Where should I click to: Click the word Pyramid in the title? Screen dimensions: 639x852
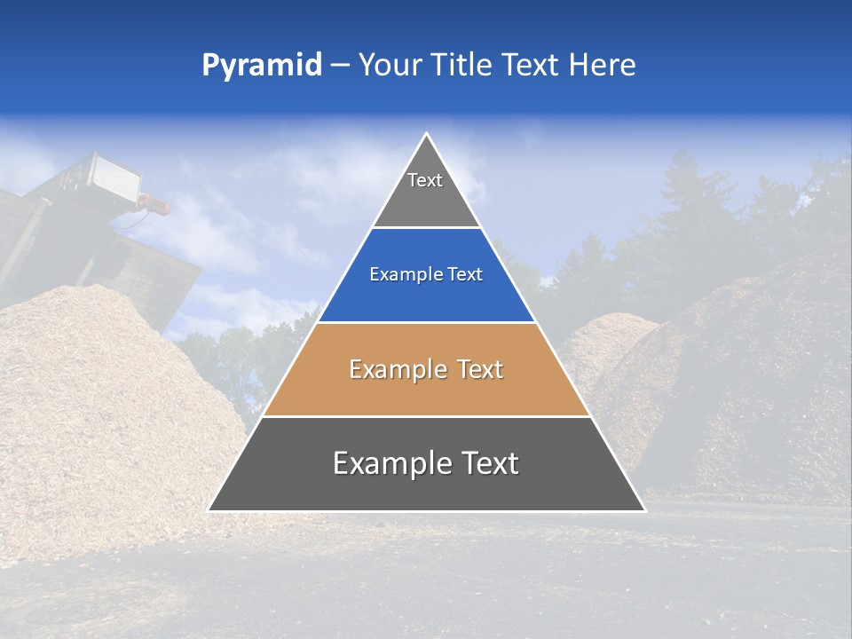coord(262,66)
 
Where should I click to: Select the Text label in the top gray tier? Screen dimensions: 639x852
coord(425,180)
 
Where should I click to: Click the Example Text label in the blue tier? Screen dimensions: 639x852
coord(426,275)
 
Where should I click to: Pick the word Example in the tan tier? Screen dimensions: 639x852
coord(396,370)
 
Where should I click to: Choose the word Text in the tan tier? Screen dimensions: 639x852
coord(479,370)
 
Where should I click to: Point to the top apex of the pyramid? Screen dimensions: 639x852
coord(427,134)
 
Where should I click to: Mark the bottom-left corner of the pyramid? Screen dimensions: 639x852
coord(209,510)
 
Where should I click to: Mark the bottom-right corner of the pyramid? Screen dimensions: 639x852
coord(644,510)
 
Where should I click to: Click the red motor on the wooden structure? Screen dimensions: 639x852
coord(156,208)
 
